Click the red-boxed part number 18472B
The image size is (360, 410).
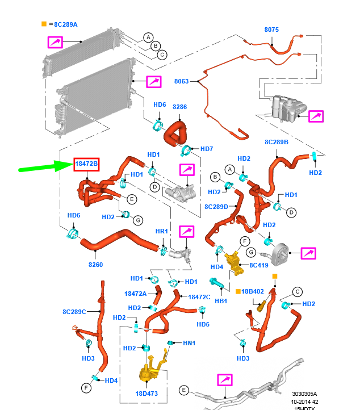(x=87, y=165)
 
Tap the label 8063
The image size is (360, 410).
(x=181, y=82)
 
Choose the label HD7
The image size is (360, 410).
(x=207, y=149)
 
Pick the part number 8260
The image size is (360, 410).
(x=96, y=264)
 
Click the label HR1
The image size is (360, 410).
(x=162, y=232)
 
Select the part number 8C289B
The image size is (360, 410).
(x=277, y=142)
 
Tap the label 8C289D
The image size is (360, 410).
(x=216, y=207)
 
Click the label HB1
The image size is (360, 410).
(x=221, y=300)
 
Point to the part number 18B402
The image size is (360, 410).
(x=253, y=291)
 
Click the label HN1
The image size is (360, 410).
(x=189, y=343)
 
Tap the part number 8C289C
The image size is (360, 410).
(x=74, y=311)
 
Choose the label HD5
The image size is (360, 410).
(x=203, y=324)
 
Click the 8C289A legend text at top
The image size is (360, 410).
(x=66, y=24)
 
